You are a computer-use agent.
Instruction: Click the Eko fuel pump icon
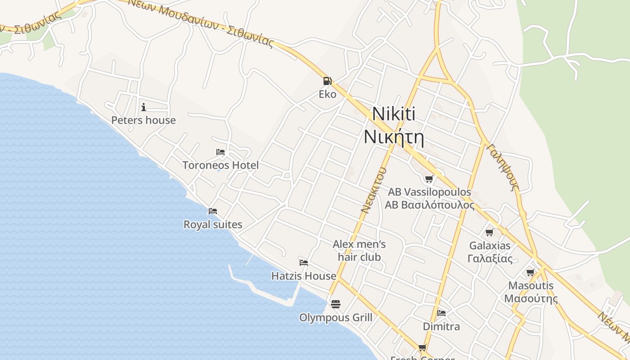[327, 81]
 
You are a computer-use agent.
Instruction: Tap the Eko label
[327, 94]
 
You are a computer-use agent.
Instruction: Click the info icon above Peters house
[144, 107]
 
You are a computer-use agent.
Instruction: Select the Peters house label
[144, 120]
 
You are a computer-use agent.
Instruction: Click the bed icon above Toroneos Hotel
[220, 152]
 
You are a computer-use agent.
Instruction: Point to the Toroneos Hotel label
[220, 165]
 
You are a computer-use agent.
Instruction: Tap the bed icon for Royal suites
[213, 211]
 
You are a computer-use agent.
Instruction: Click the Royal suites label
[213, 224]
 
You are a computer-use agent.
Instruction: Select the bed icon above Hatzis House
[304, 262]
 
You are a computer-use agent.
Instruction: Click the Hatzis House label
[304, 276]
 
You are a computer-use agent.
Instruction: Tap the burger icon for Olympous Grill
[335, 304]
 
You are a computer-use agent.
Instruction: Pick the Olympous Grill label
[336, 318]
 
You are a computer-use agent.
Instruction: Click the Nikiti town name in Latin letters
[394, 114]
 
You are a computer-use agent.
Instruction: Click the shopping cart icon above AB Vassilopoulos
[429, 179]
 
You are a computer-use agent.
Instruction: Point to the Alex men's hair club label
[359, 251]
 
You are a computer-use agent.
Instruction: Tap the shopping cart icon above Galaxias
[490, 233]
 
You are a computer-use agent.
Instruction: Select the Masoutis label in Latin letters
[531, 286]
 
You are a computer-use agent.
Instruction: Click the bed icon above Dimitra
[441, 313]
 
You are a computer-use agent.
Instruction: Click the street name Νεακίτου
[374, 190]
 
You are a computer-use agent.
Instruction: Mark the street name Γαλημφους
[504, 167]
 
